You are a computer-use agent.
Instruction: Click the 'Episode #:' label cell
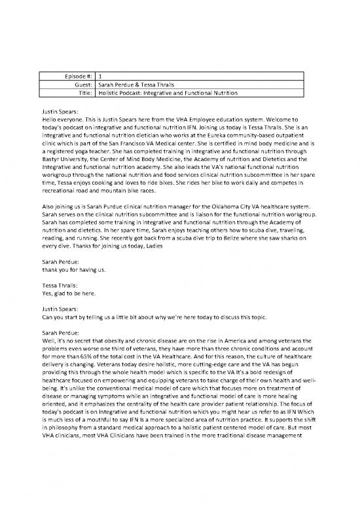coord(75,76)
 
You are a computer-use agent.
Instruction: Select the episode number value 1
coord(99,76)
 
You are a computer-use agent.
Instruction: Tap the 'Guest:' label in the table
coord(81,85)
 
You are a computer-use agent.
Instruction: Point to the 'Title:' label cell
coord(83,93)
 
